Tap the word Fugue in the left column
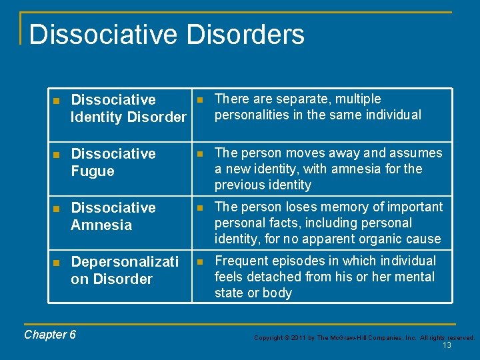coord(93,171)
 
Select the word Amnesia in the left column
coord(101,225)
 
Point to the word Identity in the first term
coord(97,117)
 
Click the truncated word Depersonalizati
coord(125,262)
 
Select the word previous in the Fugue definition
coord(241,185)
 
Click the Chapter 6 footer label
coord(50,335)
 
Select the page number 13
coord(447,345)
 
